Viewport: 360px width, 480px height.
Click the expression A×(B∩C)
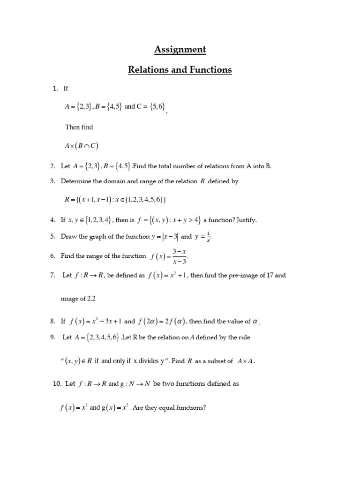point(82,145)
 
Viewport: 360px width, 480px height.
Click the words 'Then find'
point(79,127)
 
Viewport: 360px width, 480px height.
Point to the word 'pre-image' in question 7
point(240,276)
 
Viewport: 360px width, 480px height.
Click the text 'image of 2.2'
point(78,298)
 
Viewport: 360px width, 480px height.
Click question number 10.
point(57,383)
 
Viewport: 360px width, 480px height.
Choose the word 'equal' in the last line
point(168,408)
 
